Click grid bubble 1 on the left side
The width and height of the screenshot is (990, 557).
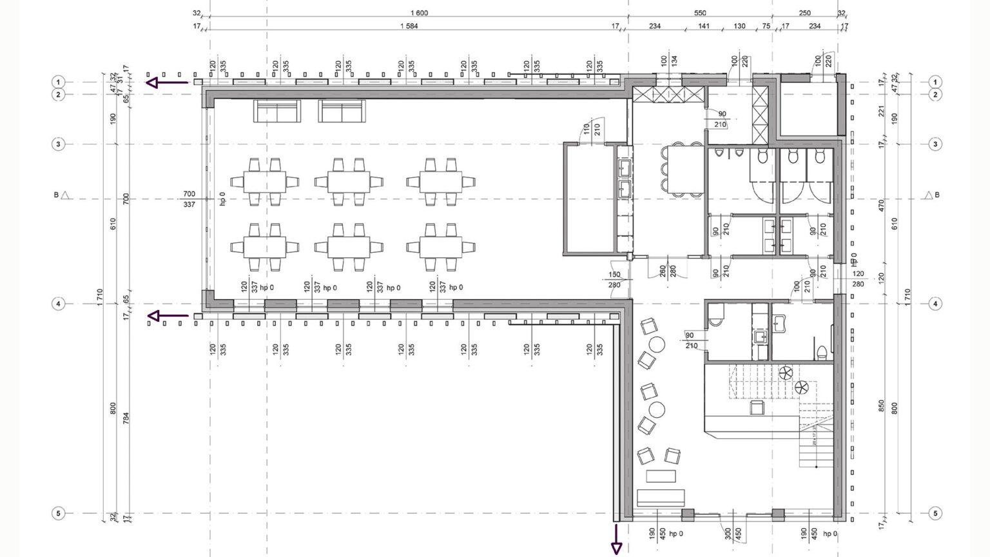pyautogui.click(x=58, y=82)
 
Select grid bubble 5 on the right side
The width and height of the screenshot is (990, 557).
pyautogui.click(x=935, y=514)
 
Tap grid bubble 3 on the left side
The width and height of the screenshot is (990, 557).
pyautogui.click(x=58, y=144)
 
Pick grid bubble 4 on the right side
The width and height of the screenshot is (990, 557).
pyautogui.click(x=935, y=304)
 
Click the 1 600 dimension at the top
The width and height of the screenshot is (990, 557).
pyautogui.click(x=419, y=13)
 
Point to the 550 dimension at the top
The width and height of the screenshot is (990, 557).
pyautogui.click(x=700, y=13)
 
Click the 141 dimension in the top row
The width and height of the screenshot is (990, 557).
pyautogui.click(x=704, y=26)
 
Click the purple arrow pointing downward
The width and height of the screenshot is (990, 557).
pyautogui.click(x=616, y=540)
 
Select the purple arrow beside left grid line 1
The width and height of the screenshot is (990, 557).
pyautogui.click(x=166, y=83)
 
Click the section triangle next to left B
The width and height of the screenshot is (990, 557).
pyautogui.click(x=65, y=195)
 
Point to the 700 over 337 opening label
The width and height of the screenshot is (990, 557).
pyautogui.click(x=189, y=199)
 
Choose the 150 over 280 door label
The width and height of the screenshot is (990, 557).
pyautogui.click(x=614, y=280)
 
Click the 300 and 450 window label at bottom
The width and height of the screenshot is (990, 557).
pyautogui.click(x=732, y=534)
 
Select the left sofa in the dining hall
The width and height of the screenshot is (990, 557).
pyautogui.click(x=277, y=112)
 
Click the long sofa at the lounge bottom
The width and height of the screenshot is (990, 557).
pyautogui.click(x=661, y=497)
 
